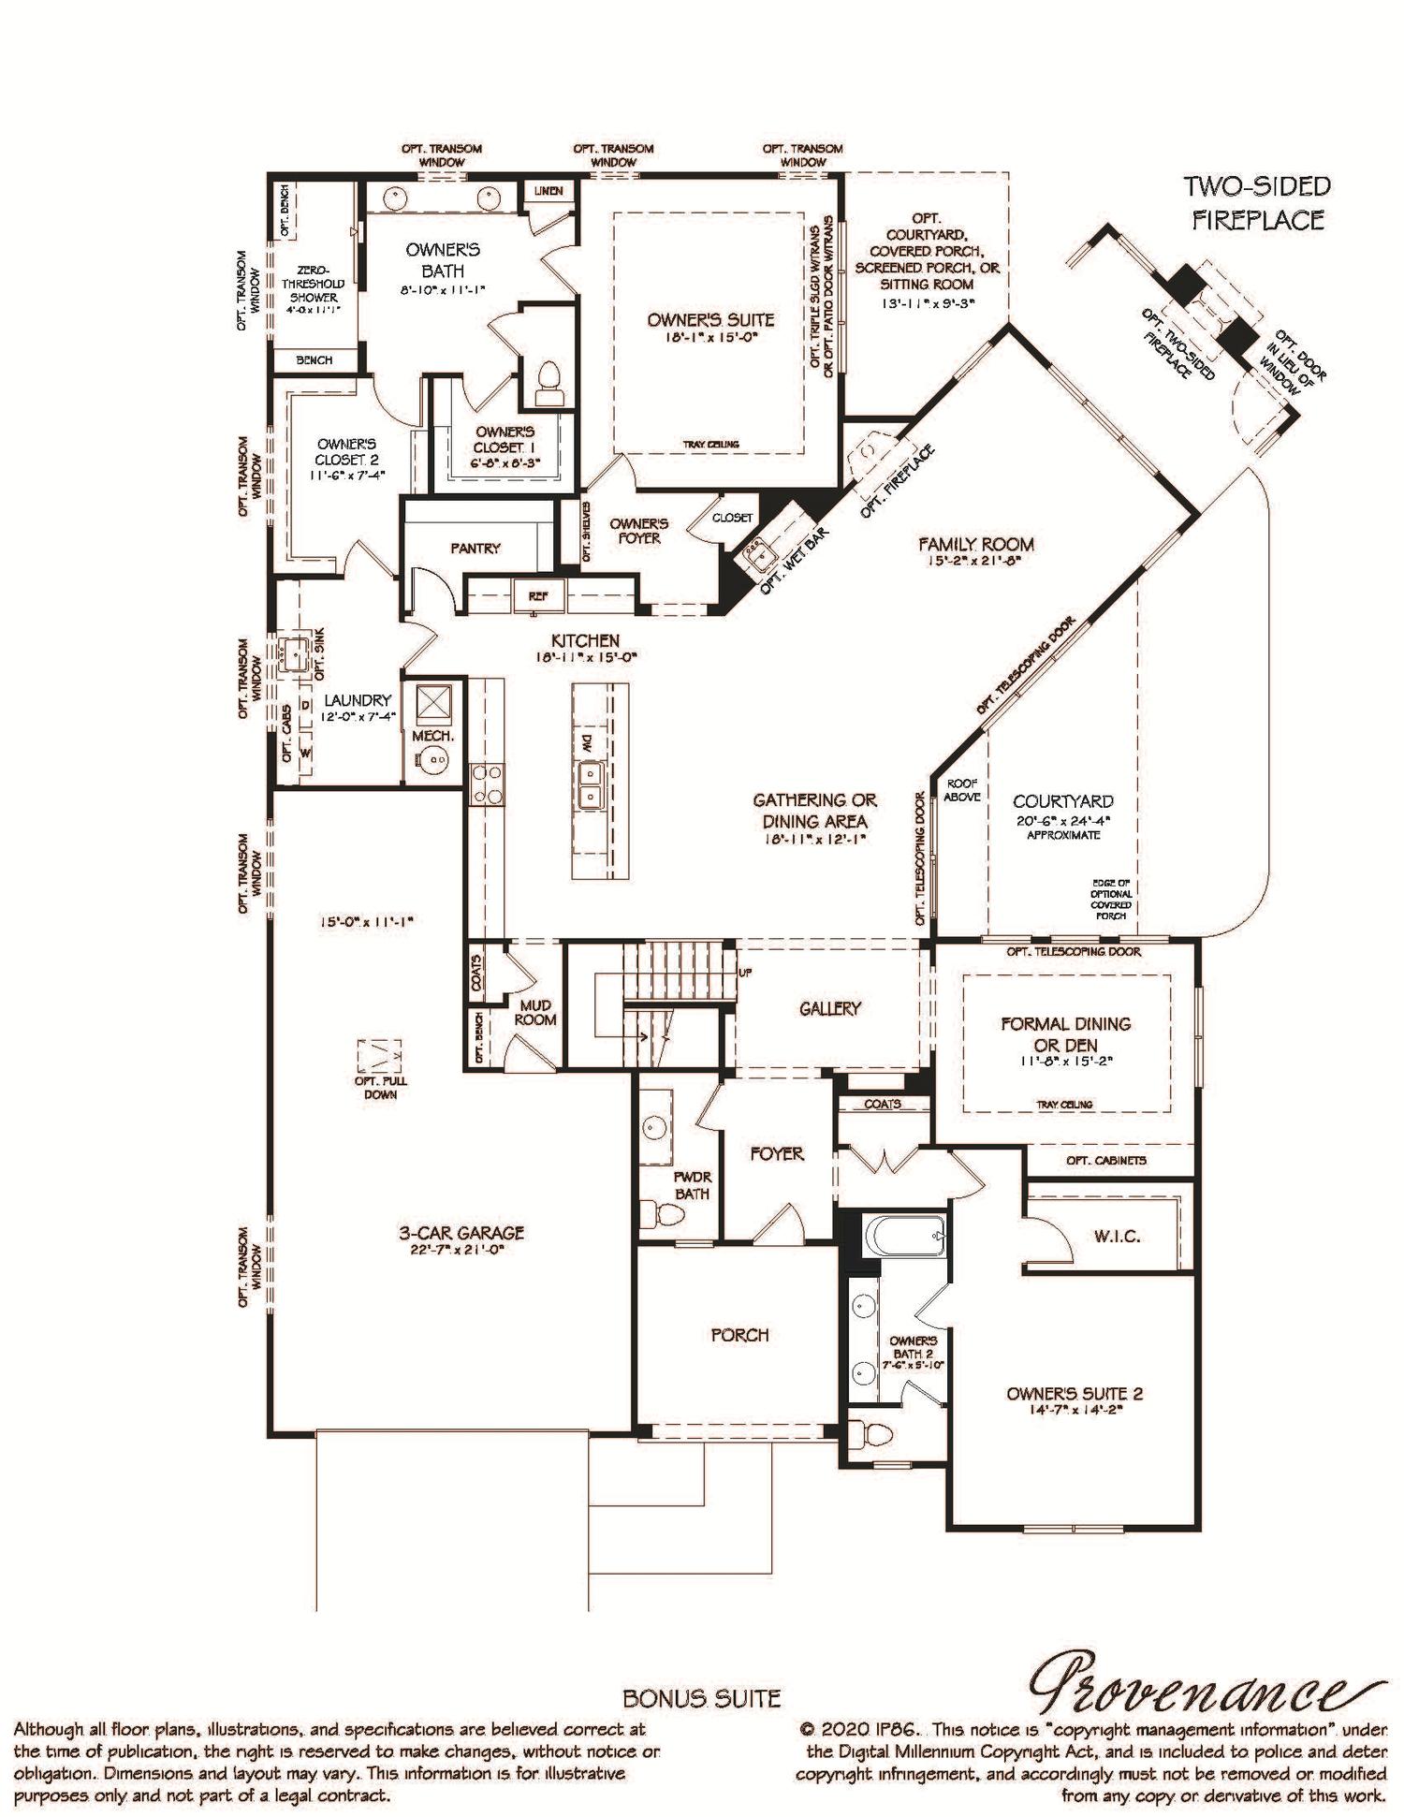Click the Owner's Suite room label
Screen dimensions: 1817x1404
pos(710,320)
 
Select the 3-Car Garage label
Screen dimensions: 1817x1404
pos(461,1233)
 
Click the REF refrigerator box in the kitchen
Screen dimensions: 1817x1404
pos(537,595)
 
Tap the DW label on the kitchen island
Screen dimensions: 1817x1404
pos(588,744)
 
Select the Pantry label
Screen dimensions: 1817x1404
pos(475,549)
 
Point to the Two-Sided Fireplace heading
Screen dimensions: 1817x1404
pos(1257,202)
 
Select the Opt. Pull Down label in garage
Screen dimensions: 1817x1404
pos(380,1087)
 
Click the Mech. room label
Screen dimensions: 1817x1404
pos(432,737)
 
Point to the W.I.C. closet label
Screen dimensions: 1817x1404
pos(1117,1237)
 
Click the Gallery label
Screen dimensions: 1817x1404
pos(829,1008)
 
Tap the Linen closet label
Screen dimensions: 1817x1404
pos(548,191)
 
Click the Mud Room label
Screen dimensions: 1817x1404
pos(535,1012)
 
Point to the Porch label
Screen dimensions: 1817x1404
pos(739,1335)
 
